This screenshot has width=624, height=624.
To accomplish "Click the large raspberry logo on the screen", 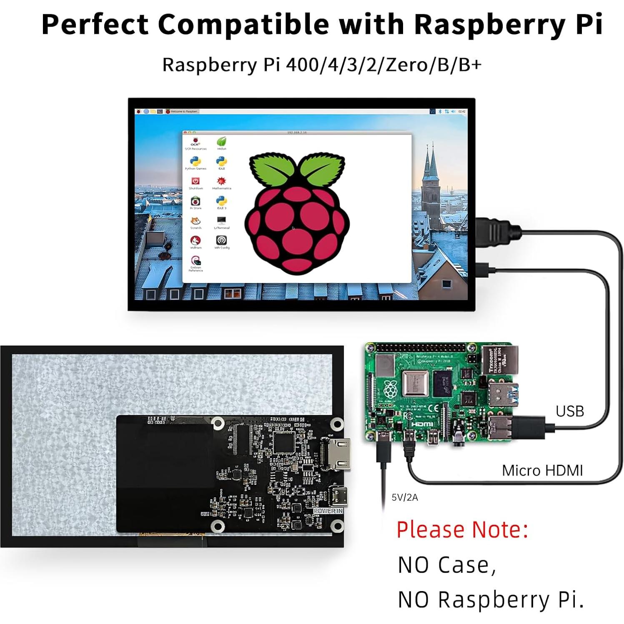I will tap(297, 213).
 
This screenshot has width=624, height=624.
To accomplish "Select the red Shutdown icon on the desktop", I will tap(195, 181).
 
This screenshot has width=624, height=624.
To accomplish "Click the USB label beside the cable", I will tap(569, 411).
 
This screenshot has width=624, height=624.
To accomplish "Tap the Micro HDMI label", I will tap(542, 471).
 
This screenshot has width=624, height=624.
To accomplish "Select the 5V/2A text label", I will tap(404, 497).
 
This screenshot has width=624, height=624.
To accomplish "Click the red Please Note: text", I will tap(462, 530).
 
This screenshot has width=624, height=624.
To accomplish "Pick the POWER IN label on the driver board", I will tap(328, 511).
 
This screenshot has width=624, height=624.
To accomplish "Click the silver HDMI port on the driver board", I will tap(336, 455).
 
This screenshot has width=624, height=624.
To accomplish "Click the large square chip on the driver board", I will tap(284, 443).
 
